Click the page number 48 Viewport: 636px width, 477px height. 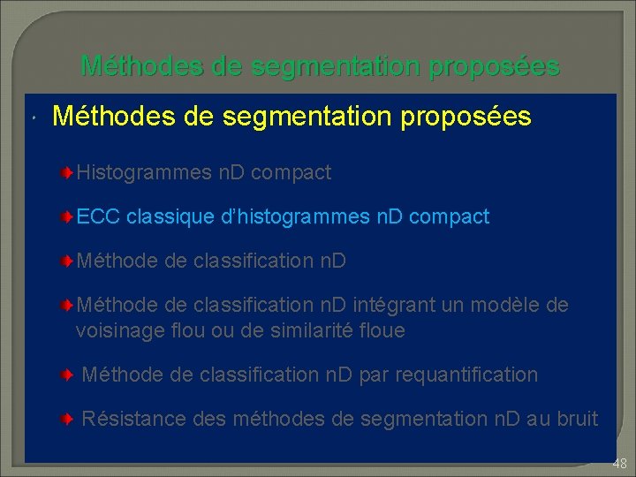(x=618, y=463)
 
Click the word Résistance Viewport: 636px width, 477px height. (x=131, y=419)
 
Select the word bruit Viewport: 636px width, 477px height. (x=574, y=419)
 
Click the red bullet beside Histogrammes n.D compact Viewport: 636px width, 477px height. (x=67, y=173)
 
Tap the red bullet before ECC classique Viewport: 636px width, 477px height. (x=67, y=217)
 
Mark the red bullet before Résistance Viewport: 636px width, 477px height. (x=67, y=419)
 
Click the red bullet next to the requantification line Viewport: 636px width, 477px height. (x=67, y=375)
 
